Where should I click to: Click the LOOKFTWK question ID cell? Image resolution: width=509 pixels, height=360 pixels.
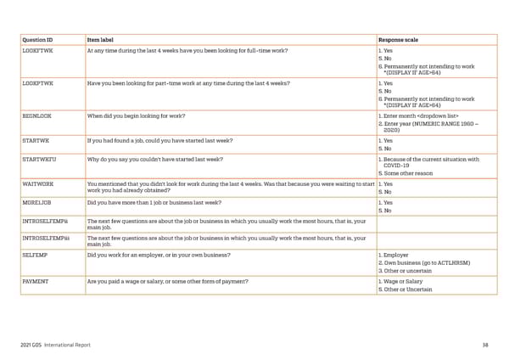pos(39,50)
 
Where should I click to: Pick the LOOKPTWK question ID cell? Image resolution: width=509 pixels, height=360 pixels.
pos(39,84)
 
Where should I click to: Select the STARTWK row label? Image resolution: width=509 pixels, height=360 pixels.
pos(36,138)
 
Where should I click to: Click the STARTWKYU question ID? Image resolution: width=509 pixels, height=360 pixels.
pos(40,159)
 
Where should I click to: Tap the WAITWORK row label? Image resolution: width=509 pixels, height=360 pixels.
pos(38,183)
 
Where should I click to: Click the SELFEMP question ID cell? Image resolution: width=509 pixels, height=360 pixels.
pos(35,254)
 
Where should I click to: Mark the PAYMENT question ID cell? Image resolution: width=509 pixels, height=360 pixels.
pos(36,281)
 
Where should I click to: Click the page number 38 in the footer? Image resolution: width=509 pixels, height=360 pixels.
pos(484,345)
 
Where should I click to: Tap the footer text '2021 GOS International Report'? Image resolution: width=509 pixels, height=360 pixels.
pos(55,345)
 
